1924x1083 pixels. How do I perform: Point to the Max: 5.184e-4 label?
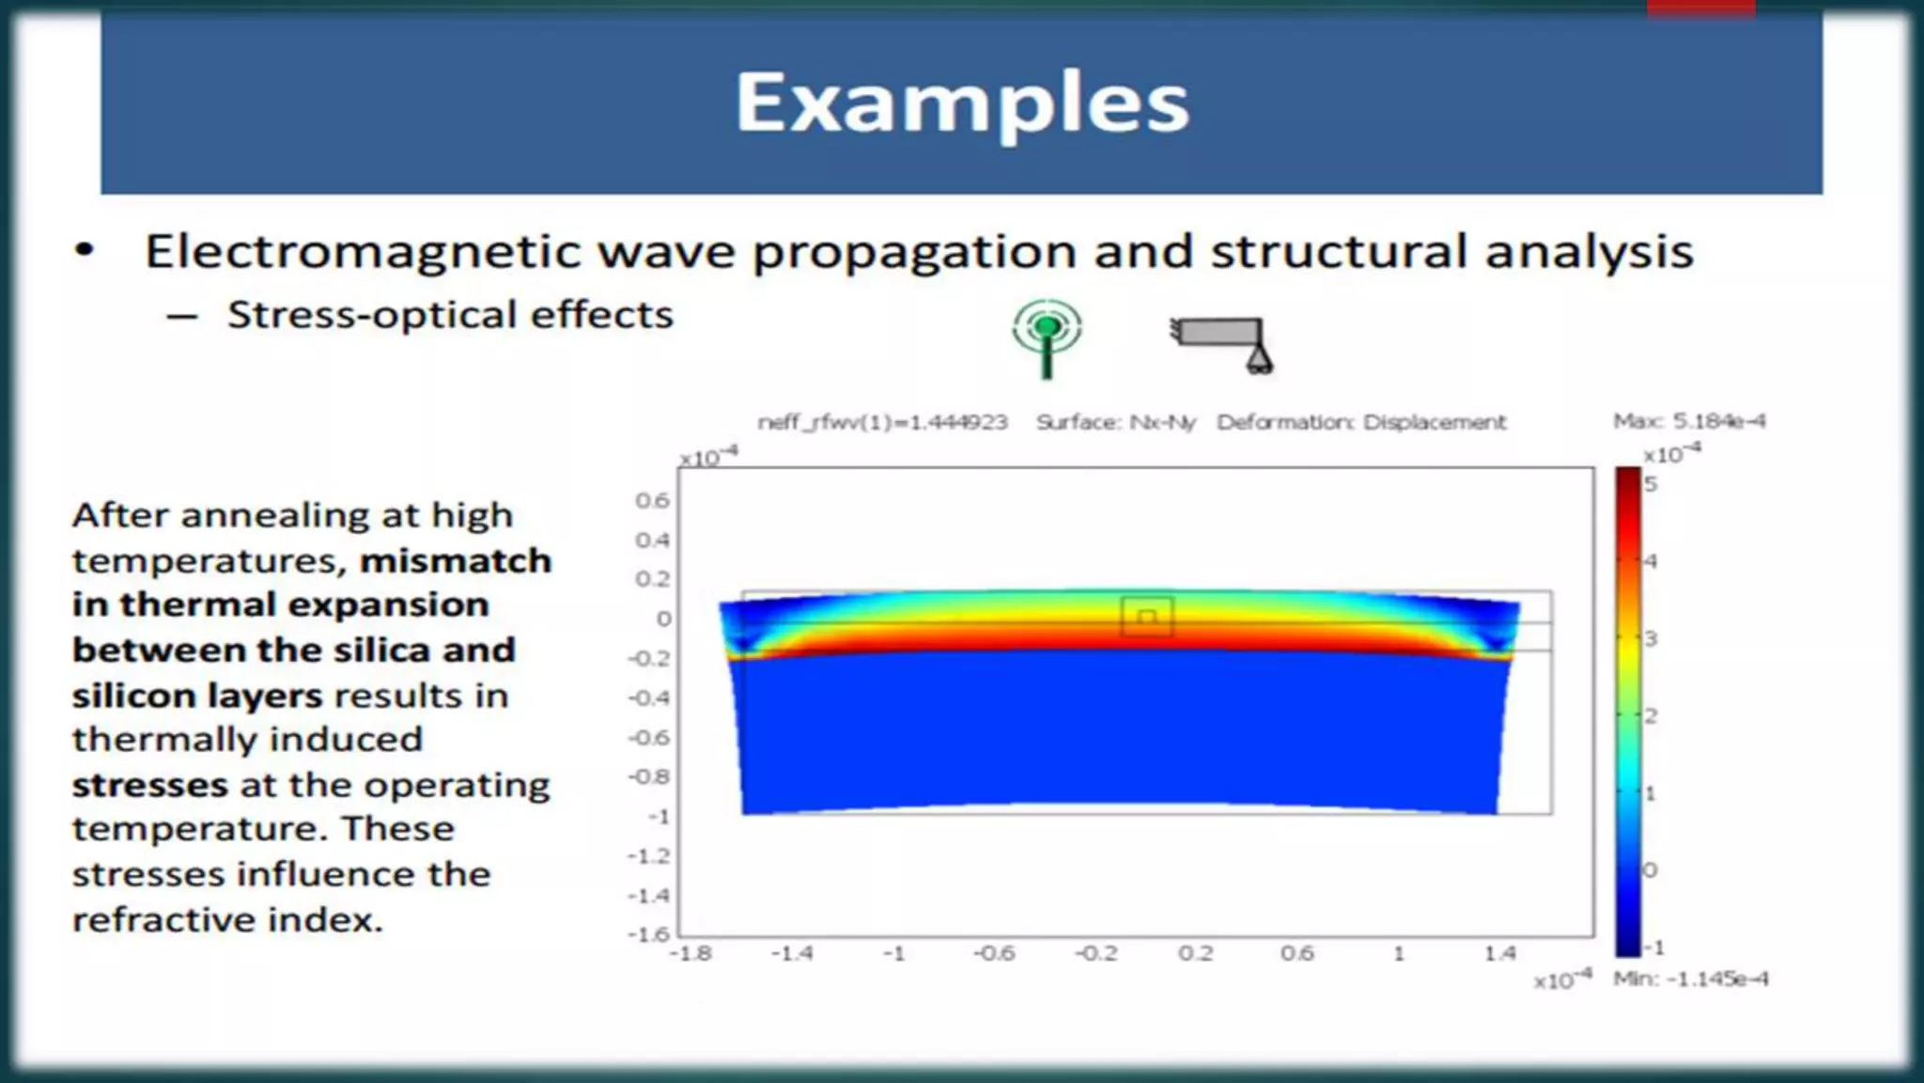[x=1688, y=421]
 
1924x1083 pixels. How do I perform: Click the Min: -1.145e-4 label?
[x=1690, y=979]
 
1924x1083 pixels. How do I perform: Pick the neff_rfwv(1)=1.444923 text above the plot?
[x=882, y=422]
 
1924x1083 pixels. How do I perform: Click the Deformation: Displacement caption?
[x=1360, y=422]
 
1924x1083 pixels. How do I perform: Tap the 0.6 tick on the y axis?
[x=652, y=500]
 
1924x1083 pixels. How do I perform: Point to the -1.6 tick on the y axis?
[x=648, y=934]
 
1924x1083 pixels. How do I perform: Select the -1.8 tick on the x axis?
[x=690, y=953]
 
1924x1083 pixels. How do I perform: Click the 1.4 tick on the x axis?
[x=1500, y=953]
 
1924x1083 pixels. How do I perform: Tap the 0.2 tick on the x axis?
[x=1195, y=953]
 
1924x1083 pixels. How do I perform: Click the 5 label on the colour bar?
[x=1651, y=484]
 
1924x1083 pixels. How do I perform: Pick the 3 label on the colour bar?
[x=1651, y=638]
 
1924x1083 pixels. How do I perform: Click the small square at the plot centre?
[x=1146, y=618]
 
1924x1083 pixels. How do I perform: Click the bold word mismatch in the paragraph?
[x=456, y=561]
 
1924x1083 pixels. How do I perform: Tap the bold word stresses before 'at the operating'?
[x=150, y=785]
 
